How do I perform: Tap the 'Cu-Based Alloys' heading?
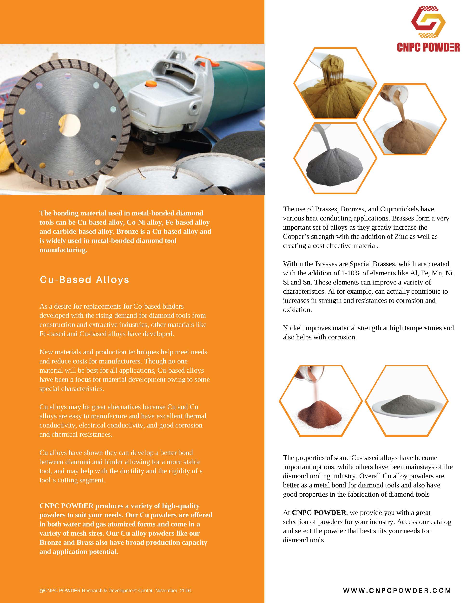coord(85,279)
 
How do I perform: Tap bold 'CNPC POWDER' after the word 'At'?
coord(319,512)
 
